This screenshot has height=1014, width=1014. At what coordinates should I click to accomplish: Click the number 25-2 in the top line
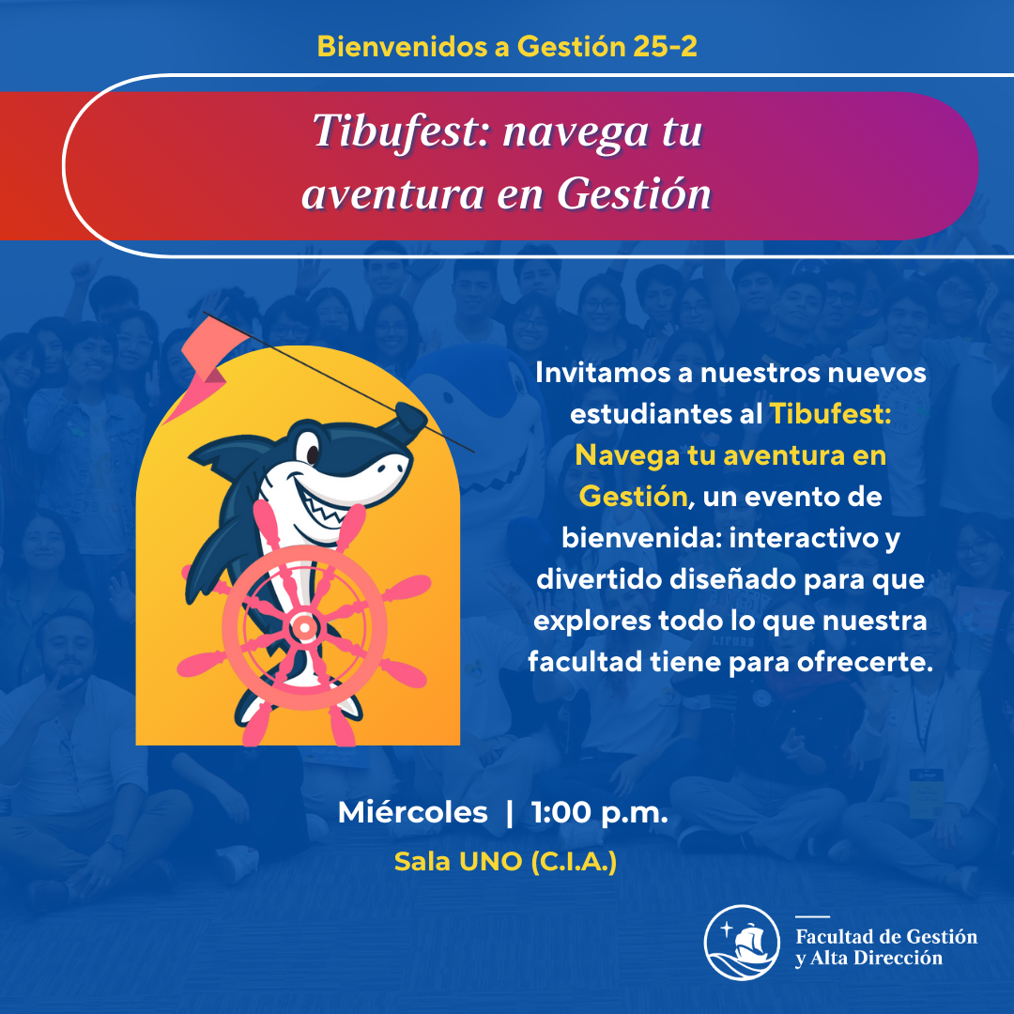tap(665, 47)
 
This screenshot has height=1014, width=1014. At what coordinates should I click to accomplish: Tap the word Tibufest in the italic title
tap(395, 131)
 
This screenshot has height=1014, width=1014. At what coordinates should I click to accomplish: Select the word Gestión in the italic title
tap(634, 193)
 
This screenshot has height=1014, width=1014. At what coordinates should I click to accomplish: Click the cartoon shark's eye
tap(312, 451)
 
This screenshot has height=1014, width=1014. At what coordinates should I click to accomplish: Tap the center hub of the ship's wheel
tap(303, 626)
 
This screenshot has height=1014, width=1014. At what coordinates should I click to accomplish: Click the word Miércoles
tap(412, 812)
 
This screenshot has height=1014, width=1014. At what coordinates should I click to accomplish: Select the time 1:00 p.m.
tap(599, 813)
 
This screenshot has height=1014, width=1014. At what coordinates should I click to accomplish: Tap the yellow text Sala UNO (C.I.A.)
tap(505, 861)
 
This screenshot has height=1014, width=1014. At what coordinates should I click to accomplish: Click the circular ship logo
tap(742, 943)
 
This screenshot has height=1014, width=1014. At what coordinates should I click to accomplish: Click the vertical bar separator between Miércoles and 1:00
tap(510, 813)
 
